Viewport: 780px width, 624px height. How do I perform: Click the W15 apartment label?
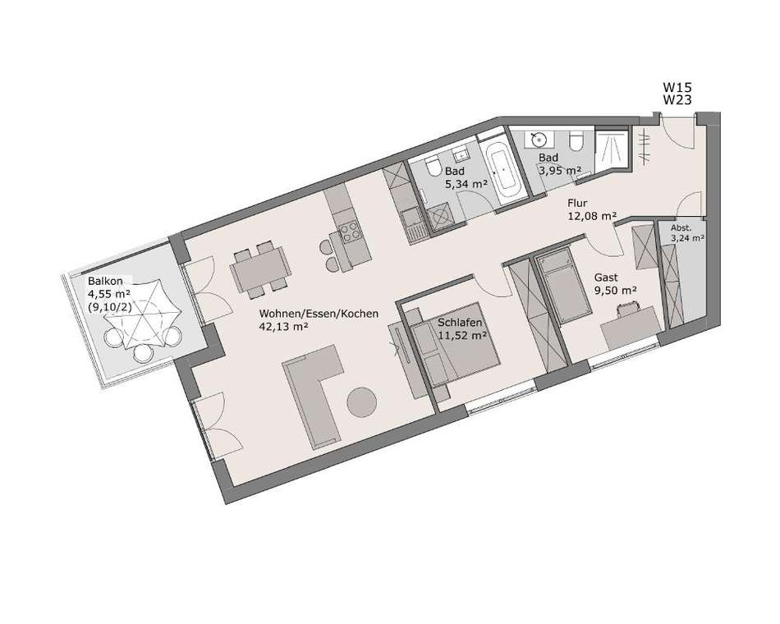coord(677,88)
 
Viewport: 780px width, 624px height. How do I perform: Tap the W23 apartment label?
coord(677,100)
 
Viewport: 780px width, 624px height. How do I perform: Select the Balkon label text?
coord(105,281)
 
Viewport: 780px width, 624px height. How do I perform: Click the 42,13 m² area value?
coord(284,327)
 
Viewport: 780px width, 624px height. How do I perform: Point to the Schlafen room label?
coord(460,323)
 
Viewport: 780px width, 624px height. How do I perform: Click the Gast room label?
coord(606,278)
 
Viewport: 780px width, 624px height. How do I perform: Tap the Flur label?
coord(577,203)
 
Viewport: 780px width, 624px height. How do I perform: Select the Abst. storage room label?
coord(681,228)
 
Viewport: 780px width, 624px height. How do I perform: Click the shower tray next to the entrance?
coord(612,149)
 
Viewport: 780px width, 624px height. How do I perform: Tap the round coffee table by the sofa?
coord(361,402)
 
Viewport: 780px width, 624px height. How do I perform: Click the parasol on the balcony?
coord(143,316)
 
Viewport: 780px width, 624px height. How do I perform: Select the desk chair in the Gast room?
coord(627,309)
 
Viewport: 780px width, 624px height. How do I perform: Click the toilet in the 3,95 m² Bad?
coord(576,141)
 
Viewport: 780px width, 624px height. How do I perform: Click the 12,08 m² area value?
coord(592,216)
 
